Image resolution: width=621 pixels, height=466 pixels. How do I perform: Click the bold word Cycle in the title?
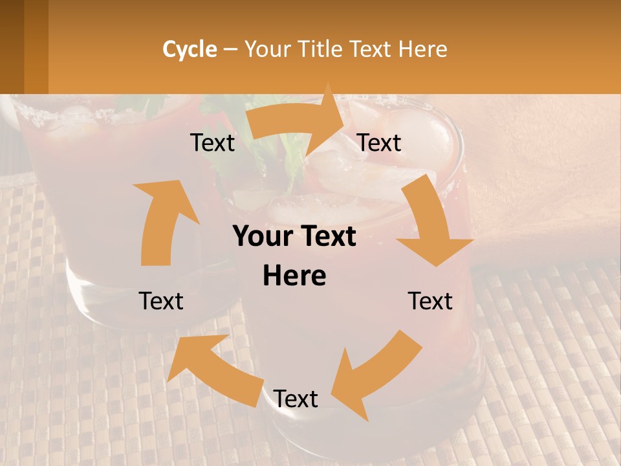click(190, 49)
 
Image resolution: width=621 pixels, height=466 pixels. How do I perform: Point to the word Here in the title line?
click(423, 49)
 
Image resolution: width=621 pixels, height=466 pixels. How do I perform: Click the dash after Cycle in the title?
click(230, 49)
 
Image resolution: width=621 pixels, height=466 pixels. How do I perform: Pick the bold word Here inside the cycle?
click(294, 276)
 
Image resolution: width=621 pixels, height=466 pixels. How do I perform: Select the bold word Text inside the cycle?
click(331, 237)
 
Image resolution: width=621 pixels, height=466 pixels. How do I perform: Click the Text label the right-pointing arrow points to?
click(379, 142)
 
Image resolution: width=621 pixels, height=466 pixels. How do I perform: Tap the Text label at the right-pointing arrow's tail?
click(212, 142)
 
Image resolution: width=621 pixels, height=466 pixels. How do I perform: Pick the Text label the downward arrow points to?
click(430, 301)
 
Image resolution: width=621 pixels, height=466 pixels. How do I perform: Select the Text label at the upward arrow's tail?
click(161, 301)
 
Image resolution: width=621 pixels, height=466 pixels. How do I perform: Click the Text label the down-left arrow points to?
click(296, 399)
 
